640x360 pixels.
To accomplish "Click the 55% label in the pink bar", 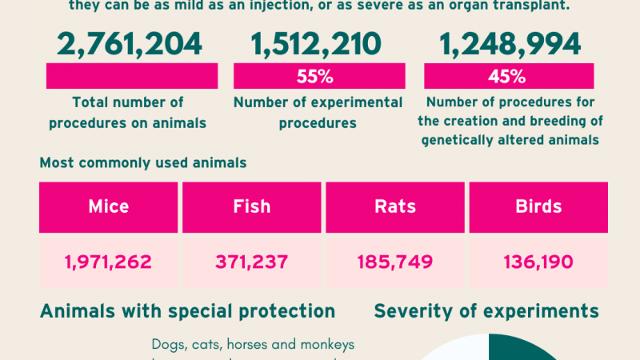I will [x=318, y=77].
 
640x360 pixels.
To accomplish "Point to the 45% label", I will [x=507, y=77].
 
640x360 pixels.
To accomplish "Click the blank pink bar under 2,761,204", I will [x=132, y=77].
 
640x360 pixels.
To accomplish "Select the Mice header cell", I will [x=108, y=206].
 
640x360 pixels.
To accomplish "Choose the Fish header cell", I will [x=251, y=206].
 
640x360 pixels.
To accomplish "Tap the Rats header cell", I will [x=394, y=206].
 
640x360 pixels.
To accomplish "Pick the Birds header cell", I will [x=538, y=206].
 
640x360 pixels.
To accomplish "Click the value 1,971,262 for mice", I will [x=108, y=261].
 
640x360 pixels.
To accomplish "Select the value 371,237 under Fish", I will [x=251, y=261].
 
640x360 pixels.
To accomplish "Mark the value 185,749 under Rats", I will [x=394, y=261].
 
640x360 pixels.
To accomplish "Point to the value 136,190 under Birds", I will [x=538, y=261].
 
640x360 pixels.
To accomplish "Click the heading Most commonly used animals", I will [x=143, y=163].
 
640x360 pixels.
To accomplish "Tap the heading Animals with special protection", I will [x=187, y=311].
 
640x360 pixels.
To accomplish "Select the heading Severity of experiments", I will [x=486, y=311].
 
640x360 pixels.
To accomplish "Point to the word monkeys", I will [x=325, y=345].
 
